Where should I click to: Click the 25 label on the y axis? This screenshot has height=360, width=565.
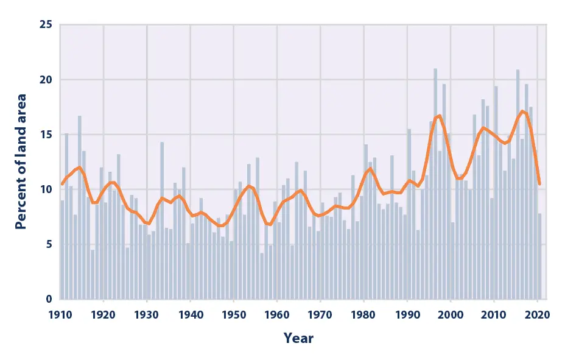click(46, 25)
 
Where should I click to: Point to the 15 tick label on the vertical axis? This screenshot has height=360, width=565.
click(46, 135)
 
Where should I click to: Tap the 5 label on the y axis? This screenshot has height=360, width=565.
click(49, 244)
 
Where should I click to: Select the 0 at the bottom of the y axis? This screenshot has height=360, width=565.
click(49, 299)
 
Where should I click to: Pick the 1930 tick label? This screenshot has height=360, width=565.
click(147, 316)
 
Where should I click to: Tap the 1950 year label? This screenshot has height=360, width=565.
click(234, 316)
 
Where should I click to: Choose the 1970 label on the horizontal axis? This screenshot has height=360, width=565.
click(320, 316)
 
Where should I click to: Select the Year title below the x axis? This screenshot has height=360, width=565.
click(298, 337)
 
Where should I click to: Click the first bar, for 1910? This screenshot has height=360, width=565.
click(62, 250)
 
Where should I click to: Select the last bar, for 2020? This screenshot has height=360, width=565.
click(539, 256)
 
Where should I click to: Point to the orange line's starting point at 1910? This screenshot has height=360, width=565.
click(62, 184)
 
